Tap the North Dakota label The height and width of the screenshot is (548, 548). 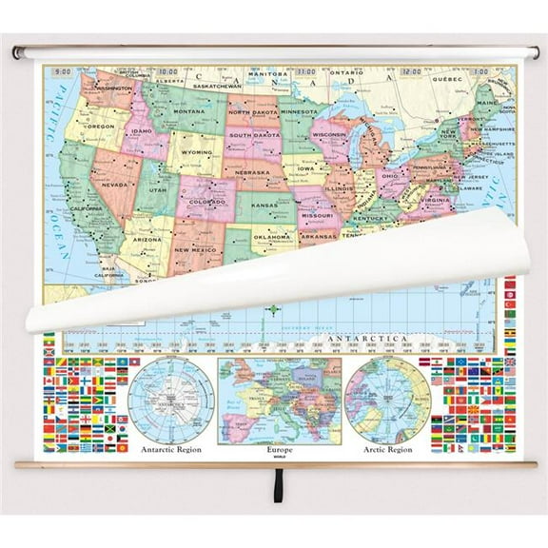click(252, 111)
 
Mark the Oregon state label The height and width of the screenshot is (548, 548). click(101, 125)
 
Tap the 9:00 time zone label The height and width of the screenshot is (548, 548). click(65, 71)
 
